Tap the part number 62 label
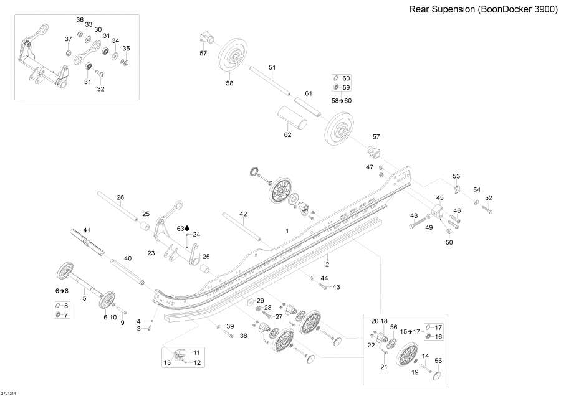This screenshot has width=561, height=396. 287,134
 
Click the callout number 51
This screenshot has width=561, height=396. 272,67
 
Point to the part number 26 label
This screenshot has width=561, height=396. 120,197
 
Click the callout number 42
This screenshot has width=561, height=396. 243,214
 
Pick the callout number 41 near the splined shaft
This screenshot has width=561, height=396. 87,230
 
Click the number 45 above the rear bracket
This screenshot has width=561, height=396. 439,198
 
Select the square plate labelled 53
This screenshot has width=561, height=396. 456,191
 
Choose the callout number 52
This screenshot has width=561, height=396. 489,198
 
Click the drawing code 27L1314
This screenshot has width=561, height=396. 9,392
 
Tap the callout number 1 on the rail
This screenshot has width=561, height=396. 287,230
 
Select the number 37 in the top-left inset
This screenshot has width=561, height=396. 69,39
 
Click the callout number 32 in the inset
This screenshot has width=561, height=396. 100,89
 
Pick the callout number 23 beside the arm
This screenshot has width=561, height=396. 151,253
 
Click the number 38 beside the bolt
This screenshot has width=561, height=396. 243,336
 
